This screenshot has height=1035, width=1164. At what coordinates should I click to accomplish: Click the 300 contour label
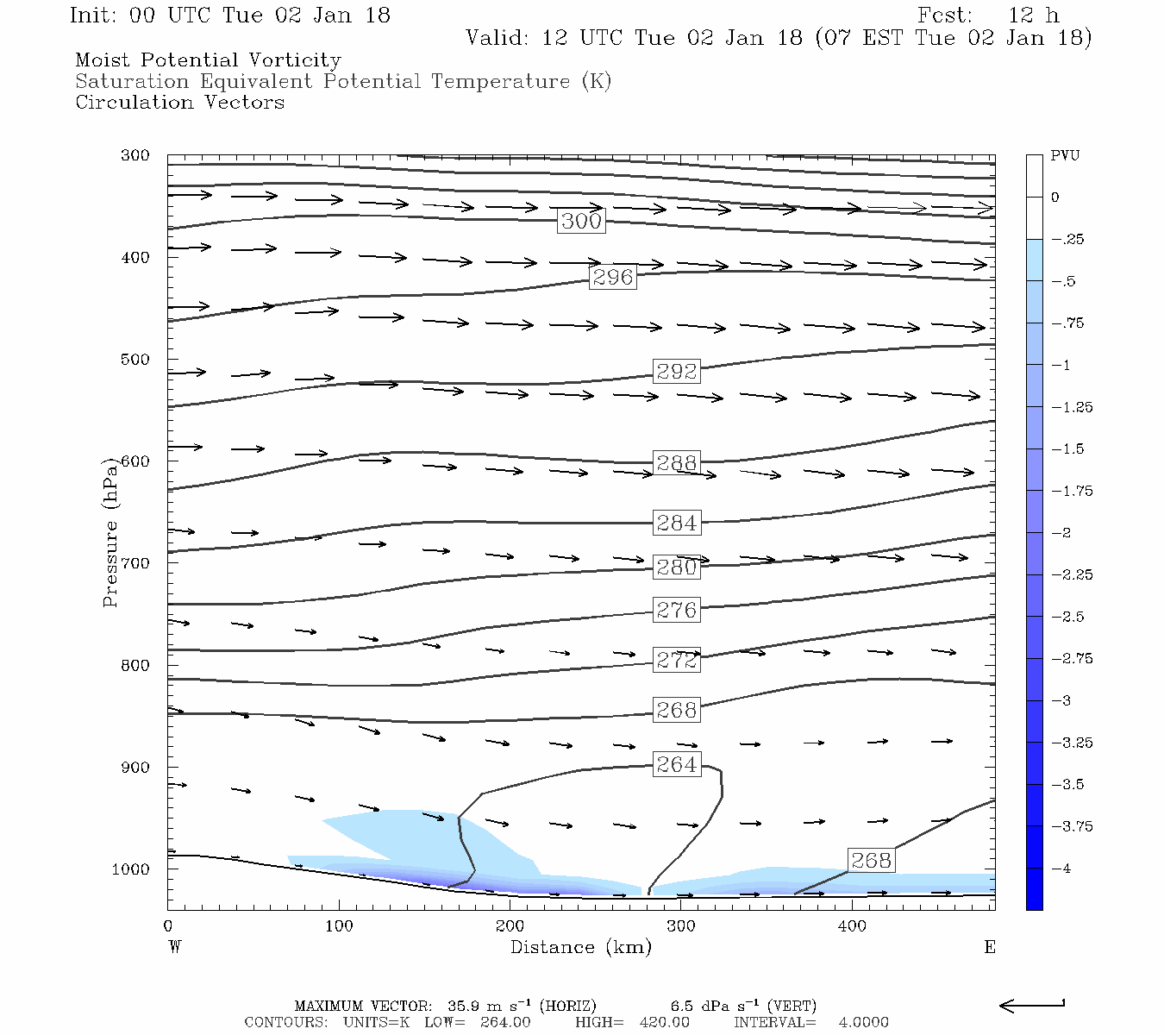[581, 221]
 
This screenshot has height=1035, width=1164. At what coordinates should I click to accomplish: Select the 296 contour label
[612, 277]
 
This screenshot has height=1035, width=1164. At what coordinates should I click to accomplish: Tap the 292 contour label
[676, 371]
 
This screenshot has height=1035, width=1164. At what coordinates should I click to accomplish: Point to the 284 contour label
[676, 523]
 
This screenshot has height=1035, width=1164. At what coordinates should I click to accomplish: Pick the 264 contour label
[676, 765]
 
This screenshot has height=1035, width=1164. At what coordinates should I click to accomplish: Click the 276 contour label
[676, 610]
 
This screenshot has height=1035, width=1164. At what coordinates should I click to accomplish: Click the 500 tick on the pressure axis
[135, 360]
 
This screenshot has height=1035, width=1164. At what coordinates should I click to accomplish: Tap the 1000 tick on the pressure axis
[131, 869]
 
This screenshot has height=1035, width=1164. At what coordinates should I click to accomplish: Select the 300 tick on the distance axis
[681, 926]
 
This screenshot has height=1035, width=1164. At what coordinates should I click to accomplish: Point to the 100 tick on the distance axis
[339, 926]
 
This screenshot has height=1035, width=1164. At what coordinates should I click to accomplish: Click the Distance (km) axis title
[580, 947]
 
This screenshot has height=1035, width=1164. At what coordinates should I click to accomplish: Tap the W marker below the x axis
[175, 947]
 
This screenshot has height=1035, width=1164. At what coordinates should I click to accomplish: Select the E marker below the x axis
[989, 947]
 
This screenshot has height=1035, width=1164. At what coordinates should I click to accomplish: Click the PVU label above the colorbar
[1065, 156]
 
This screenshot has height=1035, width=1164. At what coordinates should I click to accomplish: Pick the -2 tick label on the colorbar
[1061, 533]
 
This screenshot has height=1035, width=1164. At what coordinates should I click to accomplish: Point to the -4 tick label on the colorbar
[1061, 869]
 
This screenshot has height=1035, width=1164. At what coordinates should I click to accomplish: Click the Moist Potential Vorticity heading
[208, 60]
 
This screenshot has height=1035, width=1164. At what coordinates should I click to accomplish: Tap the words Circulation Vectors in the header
[179, 103]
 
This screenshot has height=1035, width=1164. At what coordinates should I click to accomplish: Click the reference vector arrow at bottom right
[1032, 1005]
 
